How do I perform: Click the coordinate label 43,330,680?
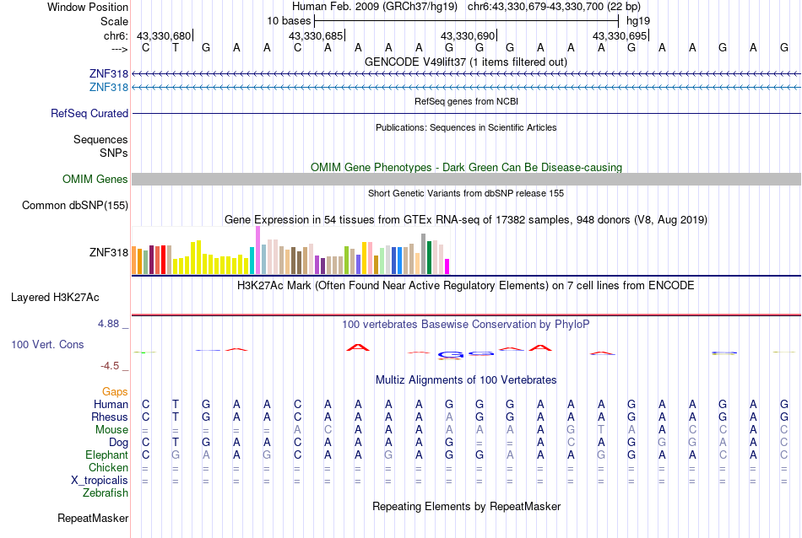(x=164, y=35)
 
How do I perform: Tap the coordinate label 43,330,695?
(x=620, y=35)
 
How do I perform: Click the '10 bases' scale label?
(x=288, y=20)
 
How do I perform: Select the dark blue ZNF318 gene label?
(x=109, y=74)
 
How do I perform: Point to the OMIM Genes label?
(x=95, y=179)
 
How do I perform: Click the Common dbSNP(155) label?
(x=75, y=205)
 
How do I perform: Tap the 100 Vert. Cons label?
(x=47, y=344)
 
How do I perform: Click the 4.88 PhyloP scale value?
(x=113, y=324)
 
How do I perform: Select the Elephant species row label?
(x=106, y=455)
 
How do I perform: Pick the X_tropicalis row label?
(x=100, y=481)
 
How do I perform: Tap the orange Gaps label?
(x=115, y=391)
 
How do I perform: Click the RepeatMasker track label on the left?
(x=93, y=518)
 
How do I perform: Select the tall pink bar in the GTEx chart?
(x=257, y=250)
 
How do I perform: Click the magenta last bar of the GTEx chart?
(x=447, y=266)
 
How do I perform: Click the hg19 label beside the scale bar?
(x=637, y=20)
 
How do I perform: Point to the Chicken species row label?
(x=108, y=467)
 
